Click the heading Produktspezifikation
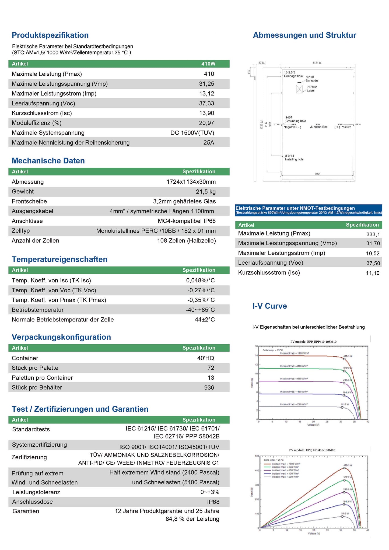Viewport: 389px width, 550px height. pyautogui.click(x=50, y=35)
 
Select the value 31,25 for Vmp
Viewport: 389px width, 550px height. pyautogui.click(x=206, y=84)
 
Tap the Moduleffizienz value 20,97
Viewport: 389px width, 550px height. pyautogui.click(x=206, y=123)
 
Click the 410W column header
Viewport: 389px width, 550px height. pyautogui.click(x=208, y=64)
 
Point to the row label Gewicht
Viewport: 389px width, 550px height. pyautogui.click(x=23, y=191)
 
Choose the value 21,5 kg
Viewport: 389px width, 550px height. pyautogui.click(x=206, y=192)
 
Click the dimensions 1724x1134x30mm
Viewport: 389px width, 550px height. pyautogui.click(x=191, y=182)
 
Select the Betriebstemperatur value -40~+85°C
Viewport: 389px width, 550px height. pyautogui.click(x=200, y=310)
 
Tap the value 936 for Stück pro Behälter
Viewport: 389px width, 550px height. pyautogui.click(x=209, y=388)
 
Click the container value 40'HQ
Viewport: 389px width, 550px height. pyautogui.click(x=206, y=358)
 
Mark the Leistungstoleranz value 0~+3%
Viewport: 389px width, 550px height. pyautogui.click(x=210, y=492)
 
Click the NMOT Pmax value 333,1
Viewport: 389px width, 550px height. pyautogui.click(x=373, y=234)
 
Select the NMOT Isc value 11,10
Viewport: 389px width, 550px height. pyautogui.click(x=373, y=273)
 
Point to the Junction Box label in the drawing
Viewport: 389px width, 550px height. pyautogui.click(x=319, y=127)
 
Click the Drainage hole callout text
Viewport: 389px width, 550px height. pyautogui.click(x=293, y=76)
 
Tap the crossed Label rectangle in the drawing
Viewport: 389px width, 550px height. pyautogui.click(x=299, y=89)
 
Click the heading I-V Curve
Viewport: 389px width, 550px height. pyautogui.click(x=269, y=306)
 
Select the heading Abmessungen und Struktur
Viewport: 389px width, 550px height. pyautogui.click(x=304, y=35)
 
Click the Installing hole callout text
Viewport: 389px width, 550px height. pyautogui.click(x=294, y=159)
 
